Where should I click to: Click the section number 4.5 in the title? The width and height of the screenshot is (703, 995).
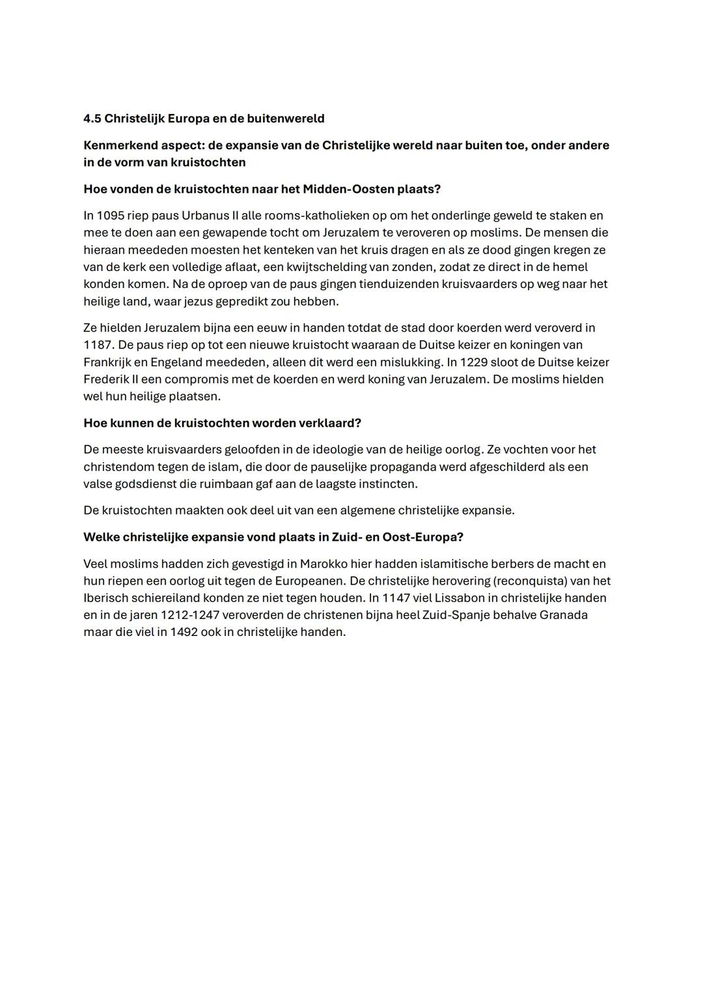pyautogui.click(x=92, y=119)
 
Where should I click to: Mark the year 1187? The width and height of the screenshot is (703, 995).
pyautogui.click(x=98, y=345)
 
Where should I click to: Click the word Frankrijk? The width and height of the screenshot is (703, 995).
pyautogui.click(x=107, y=362)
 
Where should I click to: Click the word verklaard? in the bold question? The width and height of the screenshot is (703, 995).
pyautogui.click(x=329, y=423)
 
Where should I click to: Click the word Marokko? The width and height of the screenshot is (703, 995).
pyautogui.click(x=324, y=564)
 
